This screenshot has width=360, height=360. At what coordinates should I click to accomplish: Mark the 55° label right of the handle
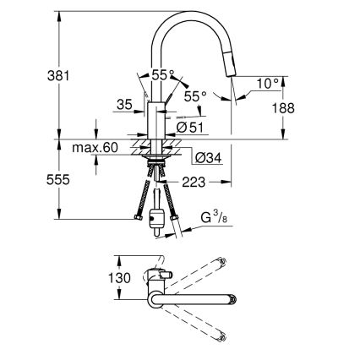tap(196, 97)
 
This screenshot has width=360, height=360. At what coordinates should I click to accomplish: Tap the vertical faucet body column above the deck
tap(157, 117)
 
